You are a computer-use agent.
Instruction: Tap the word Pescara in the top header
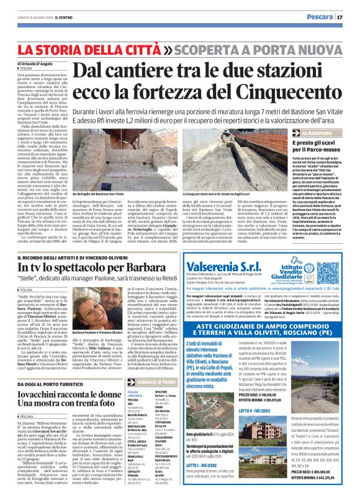coord(318,16)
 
